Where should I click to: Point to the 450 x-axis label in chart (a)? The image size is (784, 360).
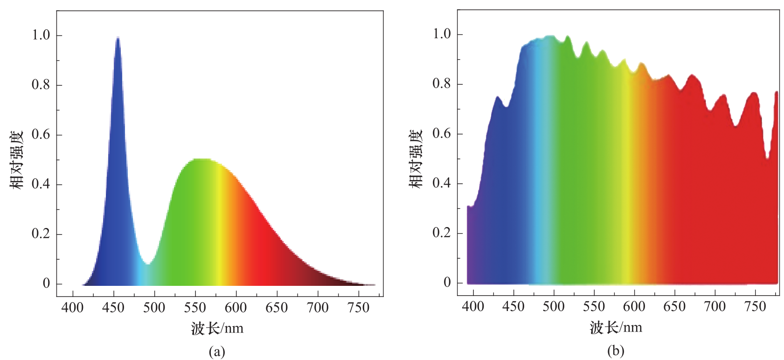tap(113, 308)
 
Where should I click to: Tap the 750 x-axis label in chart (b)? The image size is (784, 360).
tap(755, 306)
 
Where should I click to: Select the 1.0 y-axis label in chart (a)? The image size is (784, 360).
tap(41, 35)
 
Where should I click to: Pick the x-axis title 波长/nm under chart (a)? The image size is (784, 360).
tap(217, 328)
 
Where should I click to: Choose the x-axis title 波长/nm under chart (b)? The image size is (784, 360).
tap(616, 327)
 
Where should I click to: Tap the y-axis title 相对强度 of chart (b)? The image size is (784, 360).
tap(416, 159)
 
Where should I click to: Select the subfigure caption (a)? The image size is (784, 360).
tap(217, 351)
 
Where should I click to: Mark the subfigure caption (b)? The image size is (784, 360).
tap(615, 351)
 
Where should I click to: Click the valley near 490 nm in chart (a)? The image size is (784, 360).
tap(147, 264)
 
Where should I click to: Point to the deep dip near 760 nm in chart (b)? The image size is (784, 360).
tap(767, 158)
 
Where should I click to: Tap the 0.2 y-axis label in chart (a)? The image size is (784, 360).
tap(41, 234)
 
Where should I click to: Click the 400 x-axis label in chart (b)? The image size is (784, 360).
tap(473, 306)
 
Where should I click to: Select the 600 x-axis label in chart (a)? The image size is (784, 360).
tap(236, 308)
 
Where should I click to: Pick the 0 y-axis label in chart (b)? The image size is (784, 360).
tap(447, 282)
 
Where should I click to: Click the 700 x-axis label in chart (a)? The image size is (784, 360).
tap(318, 308)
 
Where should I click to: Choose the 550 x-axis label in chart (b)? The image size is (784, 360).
tap(594, 306)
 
